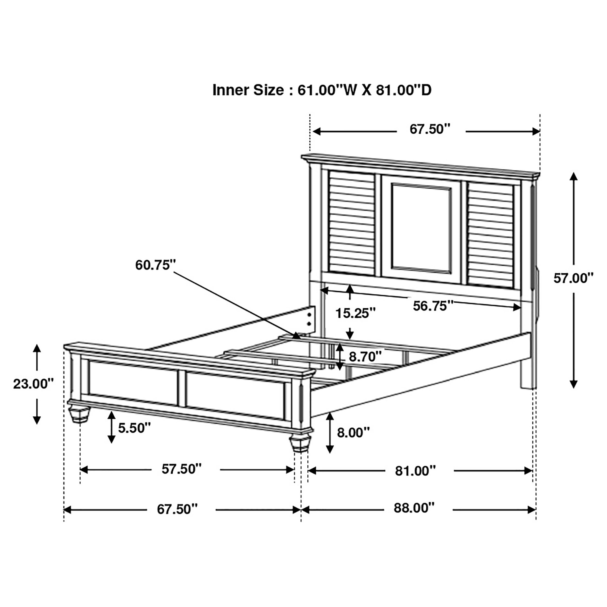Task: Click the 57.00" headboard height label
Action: click(x=573, y=278)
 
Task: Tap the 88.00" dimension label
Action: click(x=414, y=508)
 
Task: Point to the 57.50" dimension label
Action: click(x=182, y=469)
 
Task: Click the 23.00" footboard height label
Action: click(x=33, y=384)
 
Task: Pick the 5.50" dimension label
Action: click(x=135, y=428)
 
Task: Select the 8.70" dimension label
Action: click(x=365, y=357)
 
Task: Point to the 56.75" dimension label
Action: click(x=433, y=306)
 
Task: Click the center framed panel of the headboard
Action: click(x=422, y=228)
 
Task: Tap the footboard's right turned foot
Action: click(x=300, y=443)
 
